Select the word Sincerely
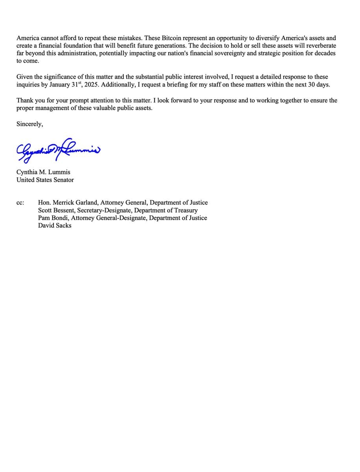tap(29, 124)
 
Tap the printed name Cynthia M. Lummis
tap(43, 172)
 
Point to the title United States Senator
tap(45, 180)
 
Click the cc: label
tap(20, 203)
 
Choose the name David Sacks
tap(55, 226)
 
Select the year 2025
tap(90, 85)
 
